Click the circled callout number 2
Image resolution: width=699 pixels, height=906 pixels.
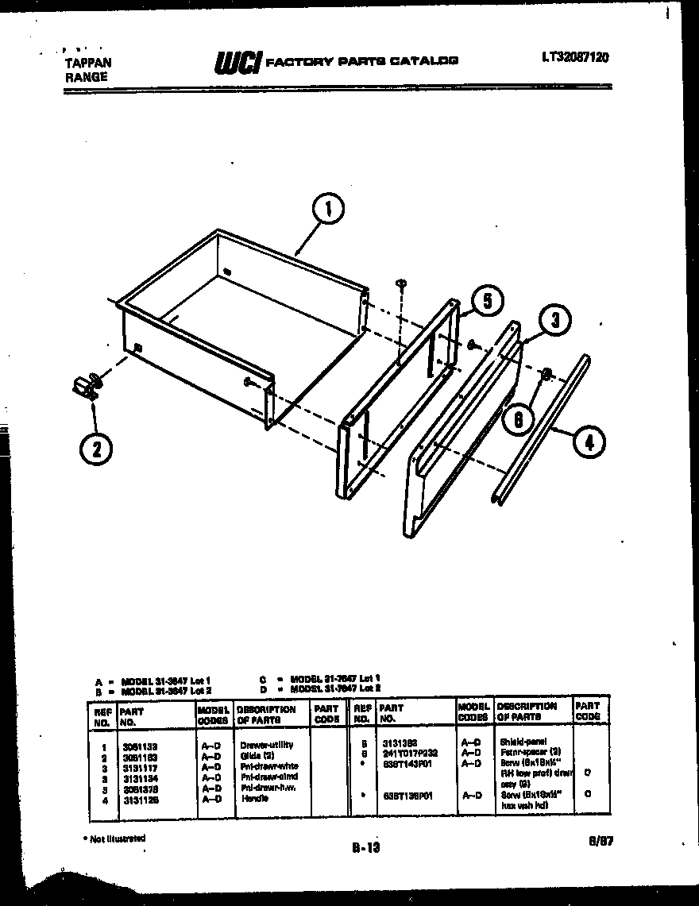(96, 449)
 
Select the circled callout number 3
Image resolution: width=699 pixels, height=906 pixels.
(555, 321)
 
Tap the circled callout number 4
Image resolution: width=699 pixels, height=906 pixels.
(589, 442)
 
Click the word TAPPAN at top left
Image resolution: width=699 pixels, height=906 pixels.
(87, 63)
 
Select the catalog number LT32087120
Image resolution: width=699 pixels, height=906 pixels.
(576, 57)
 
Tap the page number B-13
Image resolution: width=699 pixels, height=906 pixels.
(366, 847)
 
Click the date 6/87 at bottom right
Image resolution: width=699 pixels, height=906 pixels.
(597, 846)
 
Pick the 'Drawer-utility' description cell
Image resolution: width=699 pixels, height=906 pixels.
(266, 746)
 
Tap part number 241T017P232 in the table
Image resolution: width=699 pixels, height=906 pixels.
(409, 750)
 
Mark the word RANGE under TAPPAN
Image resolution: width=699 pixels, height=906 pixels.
(85, 77)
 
